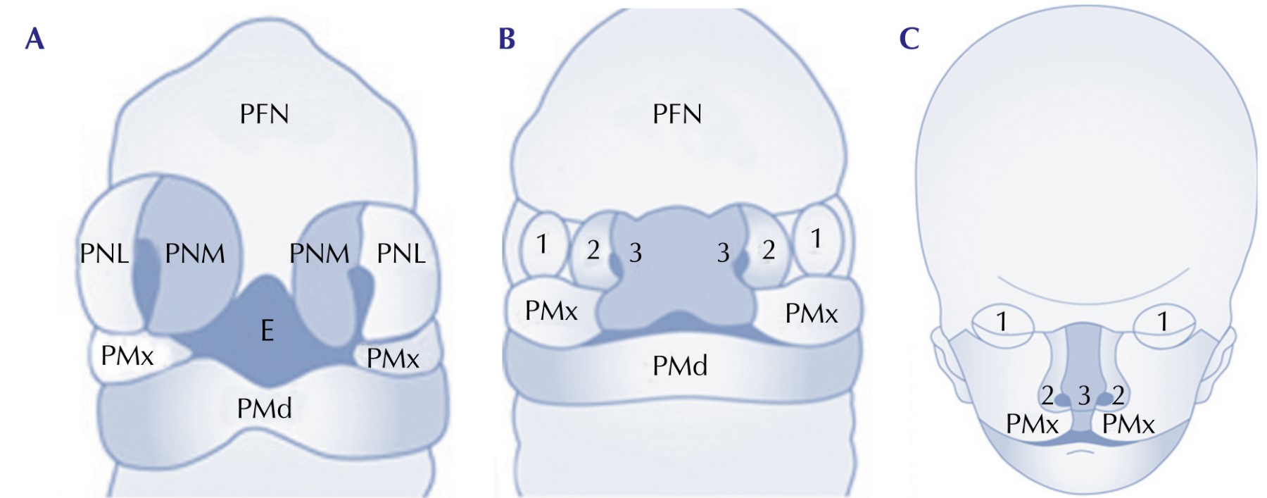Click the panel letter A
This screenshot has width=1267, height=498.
[34, 39]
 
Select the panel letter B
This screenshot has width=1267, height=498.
[507, 39]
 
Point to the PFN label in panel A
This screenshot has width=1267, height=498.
[264, 114]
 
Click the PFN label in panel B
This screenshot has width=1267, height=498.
[677, 114]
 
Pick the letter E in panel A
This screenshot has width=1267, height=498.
[267, 330]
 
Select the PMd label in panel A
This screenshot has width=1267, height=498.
[264, 409]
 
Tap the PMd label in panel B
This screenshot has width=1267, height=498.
[680, 366]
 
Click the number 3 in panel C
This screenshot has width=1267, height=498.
[1084, 397]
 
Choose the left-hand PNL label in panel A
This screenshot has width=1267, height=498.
[104, 254]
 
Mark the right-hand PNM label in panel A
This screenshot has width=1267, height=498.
[320, 254]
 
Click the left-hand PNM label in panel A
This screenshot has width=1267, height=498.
[195, 254]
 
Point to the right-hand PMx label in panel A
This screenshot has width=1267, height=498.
[393, 359]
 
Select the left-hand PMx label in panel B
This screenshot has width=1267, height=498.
[551, 311]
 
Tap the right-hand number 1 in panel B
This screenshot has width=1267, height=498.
[816, 239]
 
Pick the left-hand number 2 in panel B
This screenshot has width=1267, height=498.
[593, 250]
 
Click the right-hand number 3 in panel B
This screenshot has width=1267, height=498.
[723, 254]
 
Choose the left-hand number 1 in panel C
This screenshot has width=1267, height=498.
[1002, 323]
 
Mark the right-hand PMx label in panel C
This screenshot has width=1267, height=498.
[1128, 425]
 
